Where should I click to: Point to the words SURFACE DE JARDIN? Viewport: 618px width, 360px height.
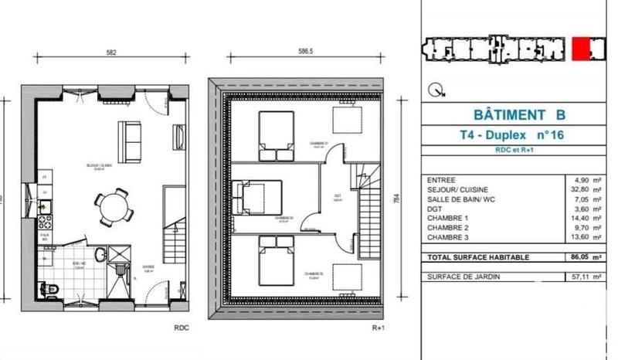coord(462,276)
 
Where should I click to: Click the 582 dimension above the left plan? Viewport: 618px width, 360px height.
coord(111,53)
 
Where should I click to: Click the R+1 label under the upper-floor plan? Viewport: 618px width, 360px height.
coord(379,328)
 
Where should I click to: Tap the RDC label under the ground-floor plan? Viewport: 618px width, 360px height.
coord(182,328)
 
